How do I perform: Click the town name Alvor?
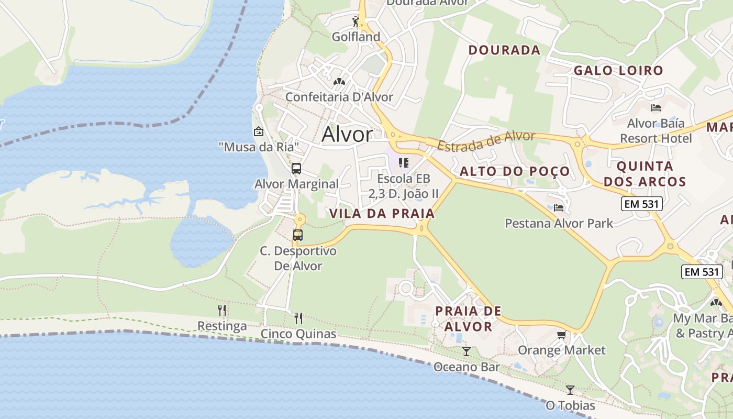click(347, 135)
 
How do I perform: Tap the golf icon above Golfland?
click(356, 21)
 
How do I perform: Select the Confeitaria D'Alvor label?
click(339, 97)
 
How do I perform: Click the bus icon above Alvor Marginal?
click(296, 169)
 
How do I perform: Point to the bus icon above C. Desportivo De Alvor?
click(298, 235)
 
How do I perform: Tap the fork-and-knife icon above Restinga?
click(222, 311)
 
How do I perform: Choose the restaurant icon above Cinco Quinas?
click(298, 318)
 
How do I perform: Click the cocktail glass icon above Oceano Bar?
click(467, 351)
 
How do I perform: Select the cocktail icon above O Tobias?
click(570, 390)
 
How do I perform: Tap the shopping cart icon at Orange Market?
click(562, 335)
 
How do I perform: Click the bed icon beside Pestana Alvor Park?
click(559, 208)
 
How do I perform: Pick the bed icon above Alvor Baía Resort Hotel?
click(656, 108)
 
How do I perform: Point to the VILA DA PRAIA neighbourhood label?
click(382, 214)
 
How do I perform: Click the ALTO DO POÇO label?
click(514, 172)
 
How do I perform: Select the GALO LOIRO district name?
click(618, 71)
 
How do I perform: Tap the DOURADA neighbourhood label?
click(504, 50)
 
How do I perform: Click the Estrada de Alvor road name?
click(486, 140)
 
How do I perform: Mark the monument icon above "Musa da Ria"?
click(258, 131)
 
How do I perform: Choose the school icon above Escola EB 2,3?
click(403, 163)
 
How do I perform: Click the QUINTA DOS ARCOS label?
click(645, 174)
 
